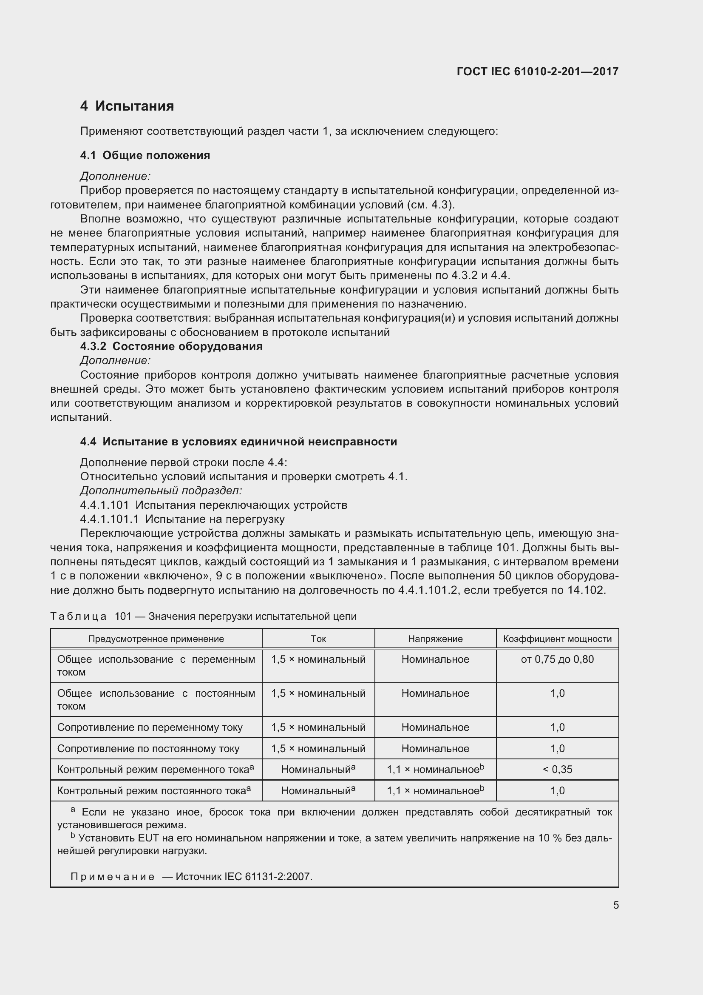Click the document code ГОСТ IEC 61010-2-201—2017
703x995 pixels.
[x=537, y=71]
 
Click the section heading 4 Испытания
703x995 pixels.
[x=127, y=106]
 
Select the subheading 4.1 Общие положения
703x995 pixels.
[x=145, y=156]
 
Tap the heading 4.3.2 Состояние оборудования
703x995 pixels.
[x=171, y=346]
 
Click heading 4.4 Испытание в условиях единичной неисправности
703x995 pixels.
[x=238, y=442]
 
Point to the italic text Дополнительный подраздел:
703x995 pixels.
[x=161, y=490]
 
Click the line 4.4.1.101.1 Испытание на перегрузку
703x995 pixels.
[x=182, y=519]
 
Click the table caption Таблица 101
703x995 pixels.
[x=203, y=616]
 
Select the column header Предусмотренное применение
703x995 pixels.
[x=156, y=639]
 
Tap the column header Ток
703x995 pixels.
[x=318, y=639]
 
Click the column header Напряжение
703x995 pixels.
[x=435, y=639]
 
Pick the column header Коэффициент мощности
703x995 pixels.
[x=557, y=639]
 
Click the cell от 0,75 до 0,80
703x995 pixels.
[x=557, y=660]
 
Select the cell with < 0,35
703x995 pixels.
[x=557, y=769]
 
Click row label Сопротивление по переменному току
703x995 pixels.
[x=150, y=727]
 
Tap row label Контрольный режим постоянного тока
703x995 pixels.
[x=154, y=790]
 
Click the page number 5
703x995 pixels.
[x=615, y=905]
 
